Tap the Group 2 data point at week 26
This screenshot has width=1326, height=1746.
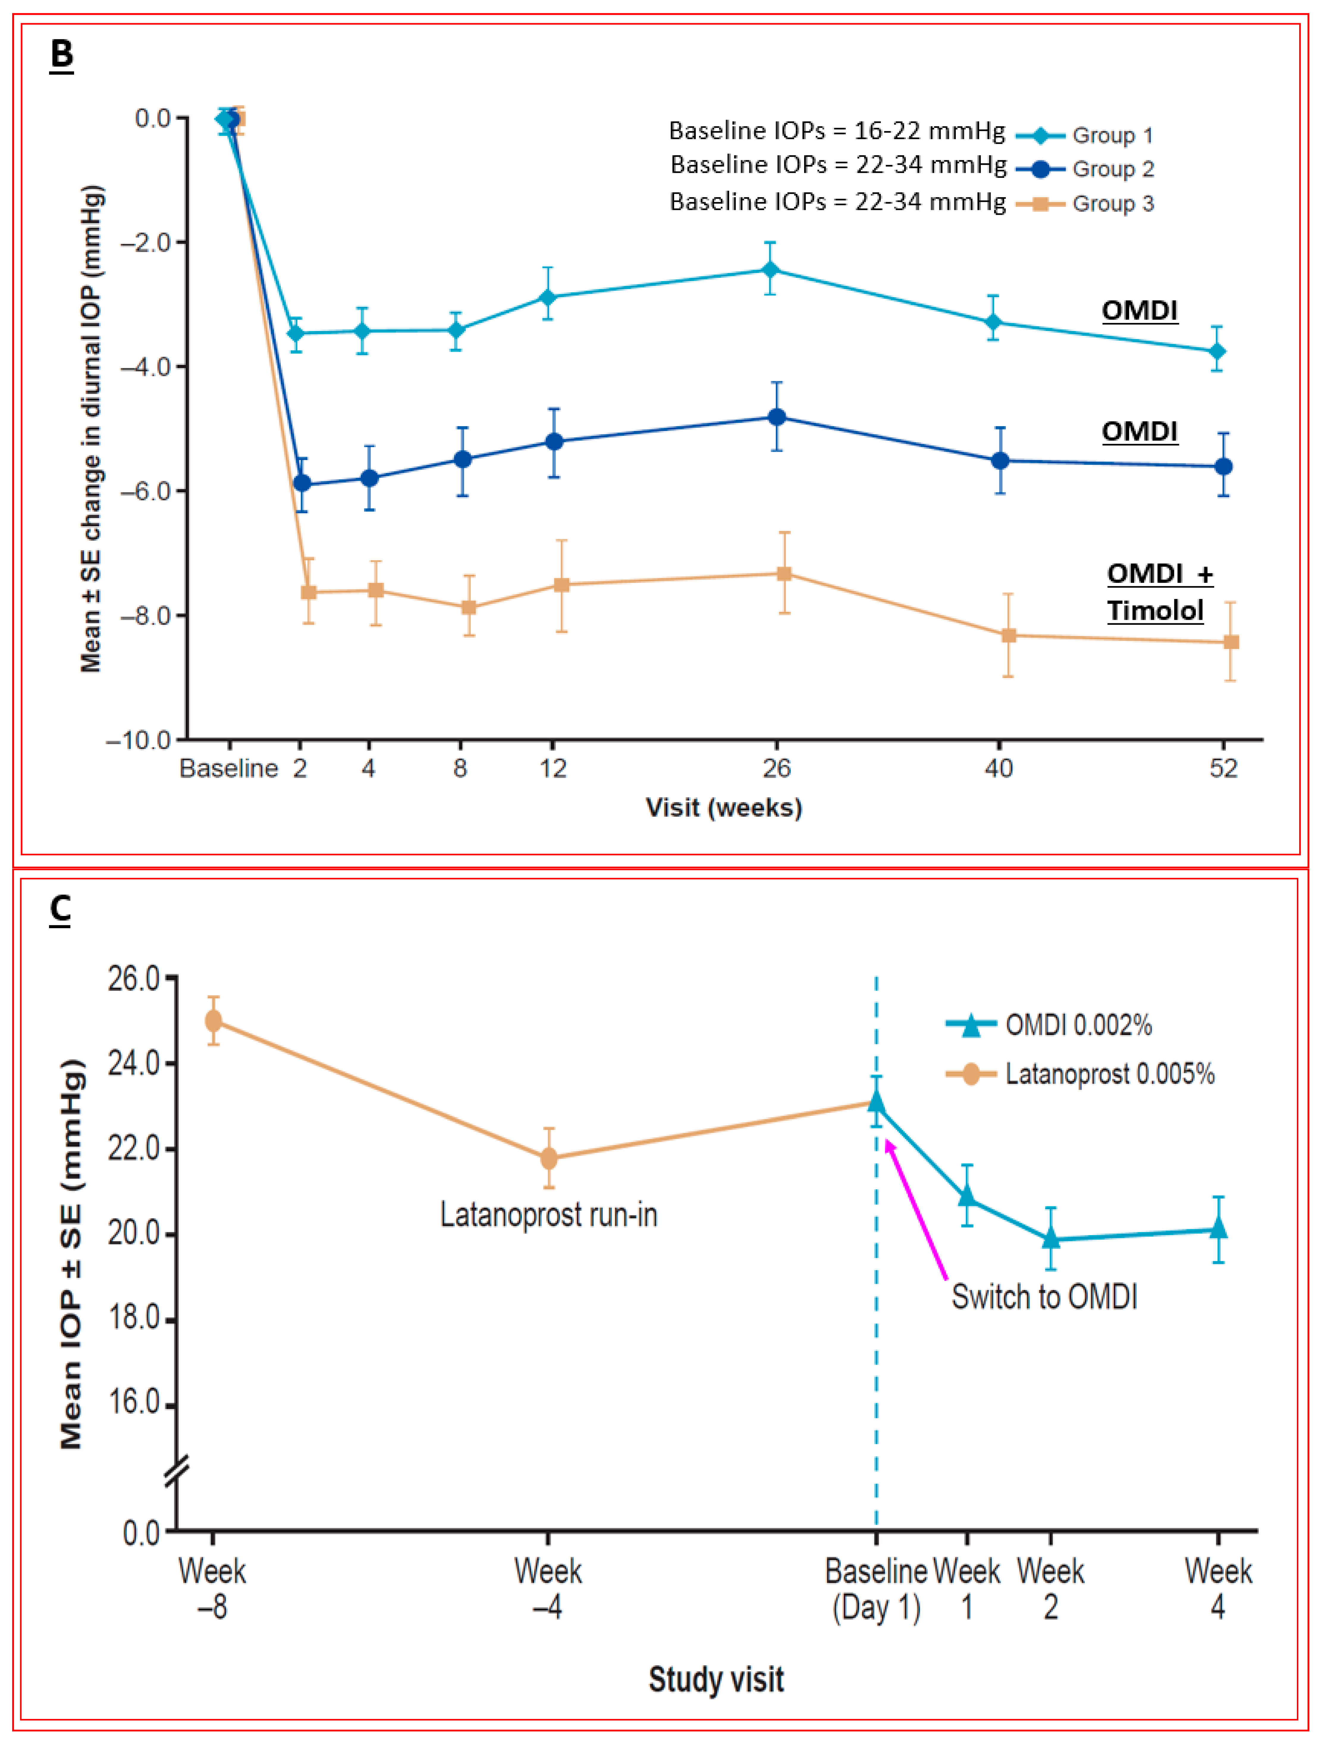(x=777, y=417)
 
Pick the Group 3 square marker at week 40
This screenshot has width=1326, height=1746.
(x=1008, y=636)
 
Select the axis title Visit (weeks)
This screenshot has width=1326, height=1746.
(x=723, y=807)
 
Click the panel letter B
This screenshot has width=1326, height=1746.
(x=62, y=54)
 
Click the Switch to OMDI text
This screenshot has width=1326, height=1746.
(x=1043, y=1297)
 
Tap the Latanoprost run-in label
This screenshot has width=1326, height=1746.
(x=549, y=1215)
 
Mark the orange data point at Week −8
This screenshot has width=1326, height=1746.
(x=213, y=1021)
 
